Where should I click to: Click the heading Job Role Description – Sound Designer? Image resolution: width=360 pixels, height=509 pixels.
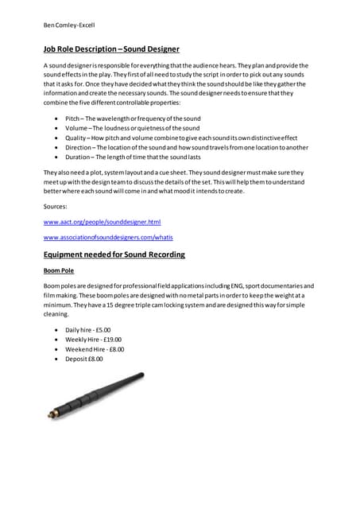[111, 49]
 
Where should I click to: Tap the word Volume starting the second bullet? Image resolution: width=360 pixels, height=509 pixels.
[78, 127]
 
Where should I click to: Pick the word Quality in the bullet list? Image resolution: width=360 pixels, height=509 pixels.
[78, 138]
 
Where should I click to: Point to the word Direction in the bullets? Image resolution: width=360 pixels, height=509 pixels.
[81, 148]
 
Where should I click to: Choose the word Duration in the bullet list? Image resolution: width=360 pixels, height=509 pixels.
[80, 158]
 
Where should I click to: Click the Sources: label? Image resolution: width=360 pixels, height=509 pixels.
[56, 206]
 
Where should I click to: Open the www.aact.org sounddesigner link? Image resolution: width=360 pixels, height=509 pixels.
[102, 221]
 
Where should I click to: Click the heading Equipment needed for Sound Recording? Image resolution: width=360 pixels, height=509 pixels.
[114, 254]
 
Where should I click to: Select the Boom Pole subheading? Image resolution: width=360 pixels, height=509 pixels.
[59, 270]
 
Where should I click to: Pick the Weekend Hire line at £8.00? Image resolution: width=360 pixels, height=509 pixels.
[95, 349]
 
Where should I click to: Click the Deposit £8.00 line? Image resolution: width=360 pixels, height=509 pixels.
[84, 359]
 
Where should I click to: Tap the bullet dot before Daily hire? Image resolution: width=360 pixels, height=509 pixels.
[55, 329]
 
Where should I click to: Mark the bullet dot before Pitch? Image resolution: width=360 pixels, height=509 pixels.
[55, 117]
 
